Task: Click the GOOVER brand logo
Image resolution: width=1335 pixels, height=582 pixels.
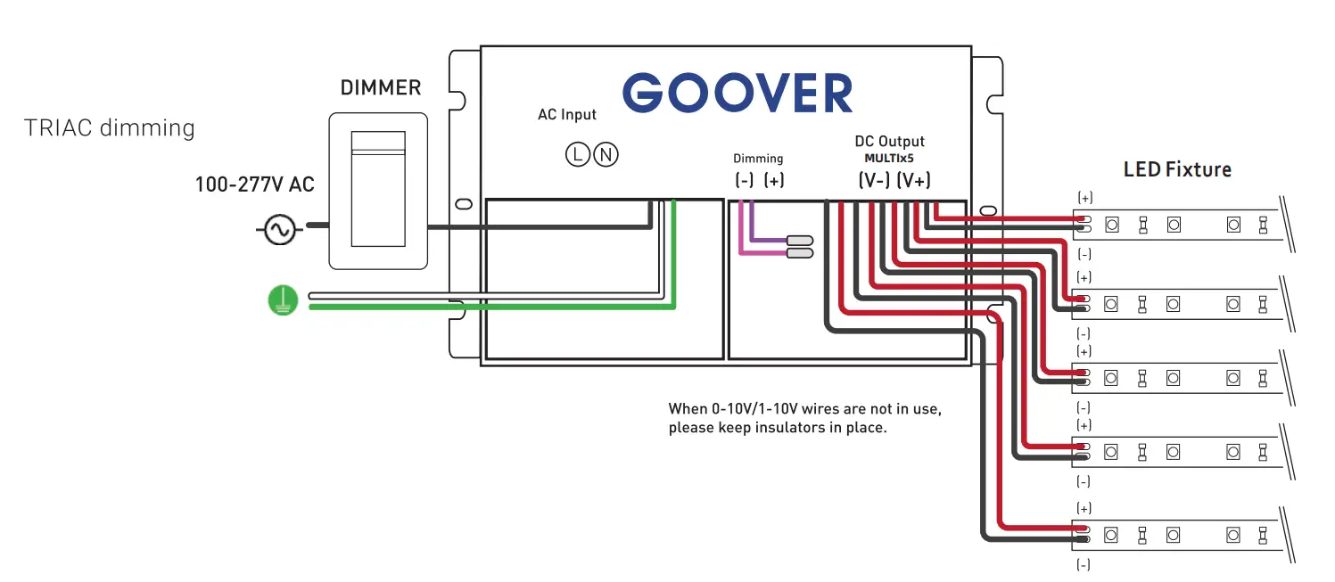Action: (x=738, y=94)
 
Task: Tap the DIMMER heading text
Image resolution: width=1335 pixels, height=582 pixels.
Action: (x=381, y=88)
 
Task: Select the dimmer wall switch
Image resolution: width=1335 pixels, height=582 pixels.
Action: (x=379, y=189)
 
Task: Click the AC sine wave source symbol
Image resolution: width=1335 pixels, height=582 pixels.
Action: (x=276, y=230)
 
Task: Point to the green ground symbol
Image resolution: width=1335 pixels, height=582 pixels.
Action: (x=282, y=300)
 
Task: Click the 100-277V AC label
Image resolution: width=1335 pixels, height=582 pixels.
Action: (x=255, y=185)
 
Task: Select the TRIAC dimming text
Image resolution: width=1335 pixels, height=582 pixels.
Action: (x=110, y=128)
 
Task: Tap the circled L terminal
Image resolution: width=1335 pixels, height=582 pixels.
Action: (x=578, y=155)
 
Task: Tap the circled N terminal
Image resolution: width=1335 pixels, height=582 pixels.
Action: (x=606, y=155)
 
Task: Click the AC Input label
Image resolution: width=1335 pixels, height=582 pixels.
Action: (x=567, y=115)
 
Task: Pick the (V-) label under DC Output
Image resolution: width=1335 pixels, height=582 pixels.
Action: (x=874, y=180)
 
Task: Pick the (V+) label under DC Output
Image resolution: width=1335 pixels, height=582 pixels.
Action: (x=913, y=180)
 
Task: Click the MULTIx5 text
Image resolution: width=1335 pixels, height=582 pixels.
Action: (x=889, y=159)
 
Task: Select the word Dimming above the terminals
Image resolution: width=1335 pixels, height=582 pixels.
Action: (x=758, y=159)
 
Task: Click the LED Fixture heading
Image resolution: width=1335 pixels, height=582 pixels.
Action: (x=1177, y=169)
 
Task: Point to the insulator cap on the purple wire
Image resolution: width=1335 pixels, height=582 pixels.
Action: (x=799, y=241)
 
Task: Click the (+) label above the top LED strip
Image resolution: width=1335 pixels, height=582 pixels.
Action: (x=1085, y=197)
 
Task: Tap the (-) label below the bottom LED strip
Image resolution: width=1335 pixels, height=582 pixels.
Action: (x=1084, y=565)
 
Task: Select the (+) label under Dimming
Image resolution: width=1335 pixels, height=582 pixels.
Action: (x=774, y=180)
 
